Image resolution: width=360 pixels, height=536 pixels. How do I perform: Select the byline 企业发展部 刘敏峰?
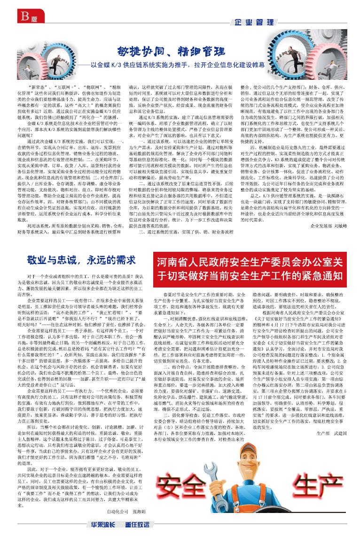329,226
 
